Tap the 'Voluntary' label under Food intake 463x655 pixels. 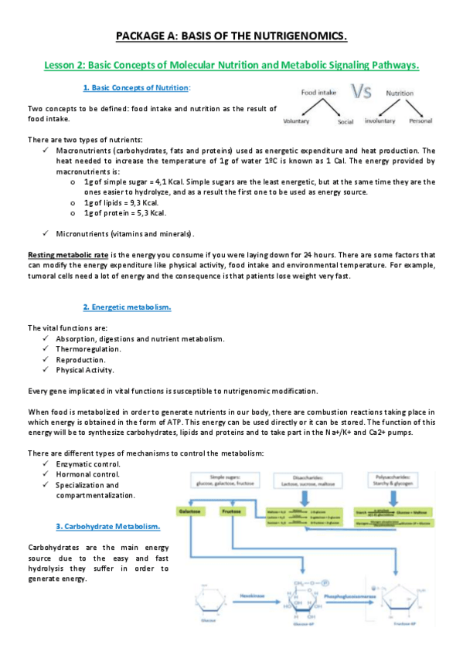pyautogui.click(x=298, y=122)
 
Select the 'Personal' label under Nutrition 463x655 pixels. pyautogui.click(x=420, y=121)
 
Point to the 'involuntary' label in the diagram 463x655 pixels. pyautogui.click(x=379, y=121)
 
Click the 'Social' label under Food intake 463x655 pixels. pyautogui.click(x=346, y=122)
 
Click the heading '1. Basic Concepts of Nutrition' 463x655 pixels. pyautogui.click(x=136, y=88)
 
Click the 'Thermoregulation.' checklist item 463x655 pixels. pyautogui.click(x=88, y=349)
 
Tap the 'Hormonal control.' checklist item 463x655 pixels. pyautogui.click(x=87, y=473)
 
